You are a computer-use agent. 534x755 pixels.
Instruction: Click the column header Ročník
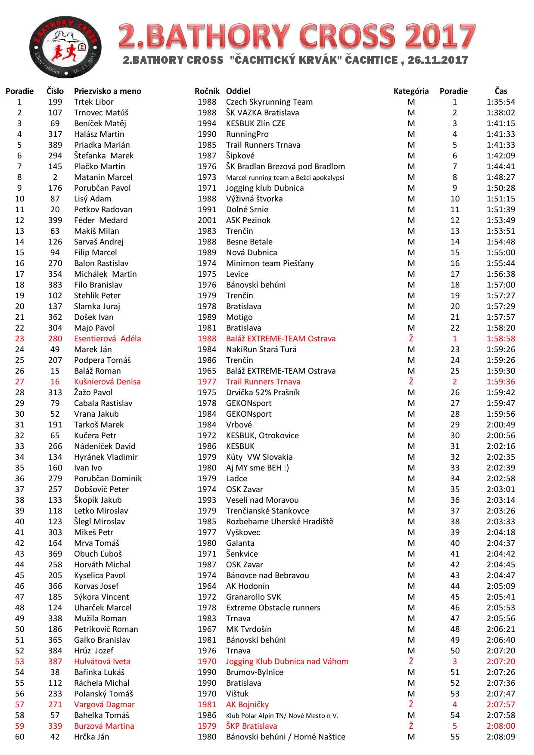pos(207,91)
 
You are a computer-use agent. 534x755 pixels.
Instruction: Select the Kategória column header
pos(411,91)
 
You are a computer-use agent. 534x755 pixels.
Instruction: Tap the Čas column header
pos(501,91)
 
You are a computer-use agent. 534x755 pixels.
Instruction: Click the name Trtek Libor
pos(94,102)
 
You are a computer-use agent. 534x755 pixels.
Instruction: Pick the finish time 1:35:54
pos(501,102)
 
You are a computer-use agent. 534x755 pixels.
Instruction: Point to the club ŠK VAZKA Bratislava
pos(262,113)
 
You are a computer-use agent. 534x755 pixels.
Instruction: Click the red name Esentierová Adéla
pos(107,339)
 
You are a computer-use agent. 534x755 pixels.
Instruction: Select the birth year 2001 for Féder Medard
pos(207,220)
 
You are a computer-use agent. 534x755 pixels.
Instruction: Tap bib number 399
pos(55,220)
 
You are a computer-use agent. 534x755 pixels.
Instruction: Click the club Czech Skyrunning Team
pos(269,102)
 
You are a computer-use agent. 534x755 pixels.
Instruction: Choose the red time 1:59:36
pos(501,382)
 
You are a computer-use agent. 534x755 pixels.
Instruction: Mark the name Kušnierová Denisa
pos(107,382)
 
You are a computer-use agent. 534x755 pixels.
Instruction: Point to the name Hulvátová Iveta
pos(102,662)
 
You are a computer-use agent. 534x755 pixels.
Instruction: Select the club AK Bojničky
pos(247,705)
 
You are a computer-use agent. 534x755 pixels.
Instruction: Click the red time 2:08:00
pos(501,726)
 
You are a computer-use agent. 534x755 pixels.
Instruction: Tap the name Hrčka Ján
pos(91,737)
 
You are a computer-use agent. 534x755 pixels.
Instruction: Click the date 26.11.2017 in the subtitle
pos(438,60)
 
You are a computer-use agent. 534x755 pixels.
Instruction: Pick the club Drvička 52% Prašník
pos(263,393)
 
